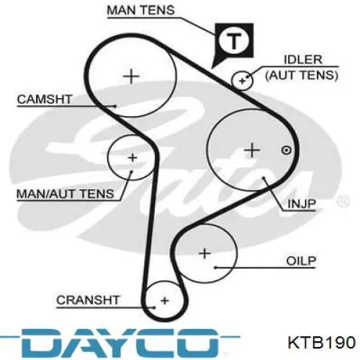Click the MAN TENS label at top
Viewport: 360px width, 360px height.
(x=140, y=10)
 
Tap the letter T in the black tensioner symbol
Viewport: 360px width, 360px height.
(x=234, y=41)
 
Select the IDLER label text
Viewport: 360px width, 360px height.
(x=303, y=60)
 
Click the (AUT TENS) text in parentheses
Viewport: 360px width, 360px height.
(x=302, y=76)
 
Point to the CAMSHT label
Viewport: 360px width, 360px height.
(x=45, y=99)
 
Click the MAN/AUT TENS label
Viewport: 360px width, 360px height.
(x=65, y=194)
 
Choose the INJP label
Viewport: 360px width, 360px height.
(x=302, y=204)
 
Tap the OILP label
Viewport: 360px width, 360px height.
(x=301, y=261)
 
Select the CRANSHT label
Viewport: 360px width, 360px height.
(x=88, y=300)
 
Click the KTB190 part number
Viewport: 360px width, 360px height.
(x=322, y=342)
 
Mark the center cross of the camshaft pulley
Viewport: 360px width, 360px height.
(x=131, y=76)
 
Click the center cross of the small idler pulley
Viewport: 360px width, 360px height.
(x=243, y=81)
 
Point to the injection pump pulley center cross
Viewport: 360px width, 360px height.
(x=252, y=150)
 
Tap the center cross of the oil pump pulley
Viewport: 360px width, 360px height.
(x=204, y=253)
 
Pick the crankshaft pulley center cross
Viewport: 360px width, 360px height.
(x=165, y=300)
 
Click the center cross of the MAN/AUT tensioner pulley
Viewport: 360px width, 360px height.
(x=132, y=158)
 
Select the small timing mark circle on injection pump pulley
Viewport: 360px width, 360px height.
(x=286, y=150)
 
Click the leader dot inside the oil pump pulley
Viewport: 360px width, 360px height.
(x=215, y=268)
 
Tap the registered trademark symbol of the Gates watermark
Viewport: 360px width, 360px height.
(x=343, y=202)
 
